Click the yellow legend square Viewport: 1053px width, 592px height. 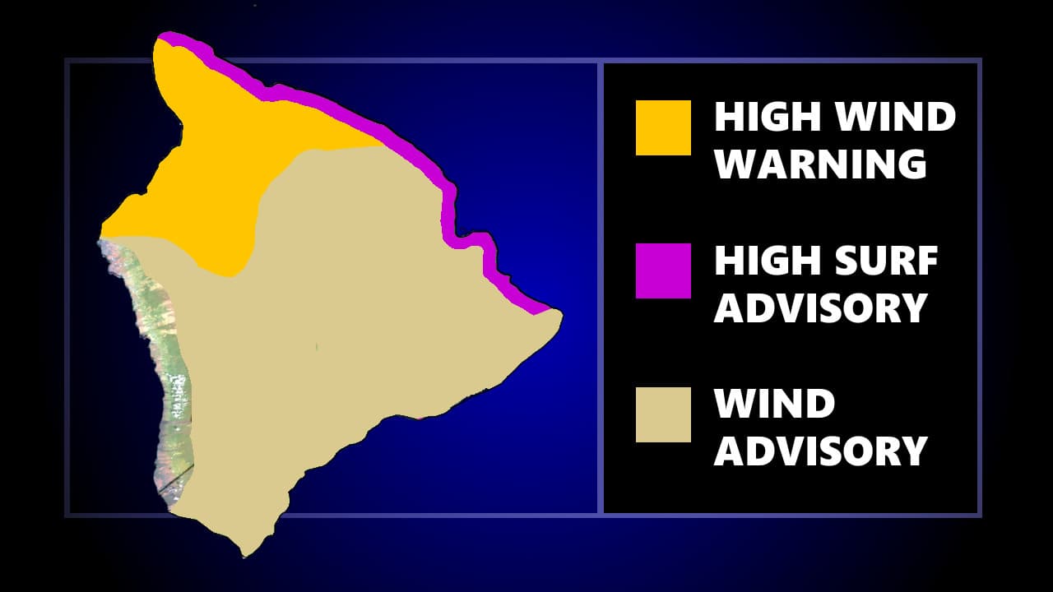pos(663,127)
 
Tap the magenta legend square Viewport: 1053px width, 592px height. pos(663,271)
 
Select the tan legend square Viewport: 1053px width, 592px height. pos(663,414)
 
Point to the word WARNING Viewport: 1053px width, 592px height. pos(820,164)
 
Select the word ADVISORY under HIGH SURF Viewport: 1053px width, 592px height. pos(820,308)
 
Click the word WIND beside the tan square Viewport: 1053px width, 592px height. pos(774,404)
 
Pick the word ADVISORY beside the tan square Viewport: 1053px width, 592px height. pos(820,451)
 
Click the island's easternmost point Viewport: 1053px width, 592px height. pos(562,314)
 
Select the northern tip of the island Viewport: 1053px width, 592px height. pos(165,36)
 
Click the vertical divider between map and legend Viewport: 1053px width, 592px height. pos(601,288)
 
